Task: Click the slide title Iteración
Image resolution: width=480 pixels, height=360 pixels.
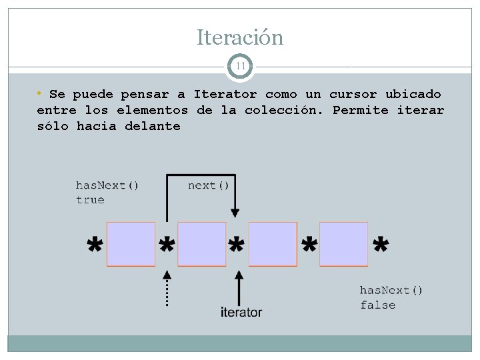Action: click(240, 37)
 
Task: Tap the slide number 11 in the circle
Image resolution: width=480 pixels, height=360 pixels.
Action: click(240, 66)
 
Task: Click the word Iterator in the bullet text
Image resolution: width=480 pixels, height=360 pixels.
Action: click(225, 95)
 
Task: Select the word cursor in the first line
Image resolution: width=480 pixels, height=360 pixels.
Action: click(353, 95)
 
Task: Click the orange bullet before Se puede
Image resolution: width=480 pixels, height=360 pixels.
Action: click(40, 93)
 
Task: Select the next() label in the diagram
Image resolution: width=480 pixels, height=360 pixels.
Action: click(208, 185)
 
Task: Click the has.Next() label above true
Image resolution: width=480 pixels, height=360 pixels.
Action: click(107, 185)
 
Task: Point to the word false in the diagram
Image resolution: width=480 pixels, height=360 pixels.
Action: click(378, 305)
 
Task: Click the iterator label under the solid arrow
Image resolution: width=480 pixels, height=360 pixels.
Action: click(241, 312)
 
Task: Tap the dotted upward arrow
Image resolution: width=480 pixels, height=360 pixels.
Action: click(167, 287)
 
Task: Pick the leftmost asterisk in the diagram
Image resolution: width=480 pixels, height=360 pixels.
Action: click(96, 246)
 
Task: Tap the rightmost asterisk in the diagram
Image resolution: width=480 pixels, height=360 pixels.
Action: click(381, 246)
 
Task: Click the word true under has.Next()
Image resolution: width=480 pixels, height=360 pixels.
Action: click(90, 200)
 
